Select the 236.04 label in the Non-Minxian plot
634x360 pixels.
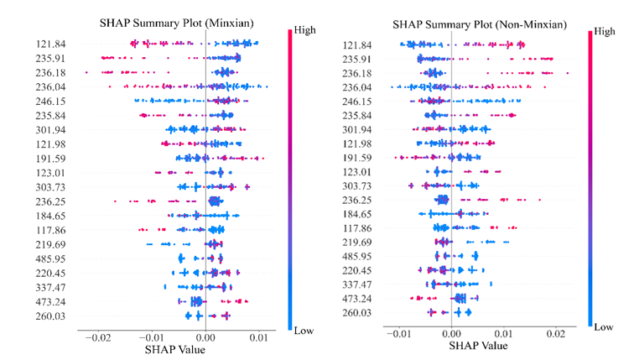pos(364,88)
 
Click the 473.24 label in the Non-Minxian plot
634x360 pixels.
pos(364,299)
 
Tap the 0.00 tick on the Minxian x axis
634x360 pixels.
pos(205,337)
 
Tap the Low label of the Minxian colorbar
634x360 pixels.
pos(304,331)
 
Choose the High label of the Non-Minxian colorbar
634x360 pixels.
pos(607,31)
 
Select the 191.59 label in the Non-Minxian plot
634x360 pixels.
pos(364,158)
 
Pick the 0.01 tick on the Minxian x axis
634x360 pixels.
pos(259,337)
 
